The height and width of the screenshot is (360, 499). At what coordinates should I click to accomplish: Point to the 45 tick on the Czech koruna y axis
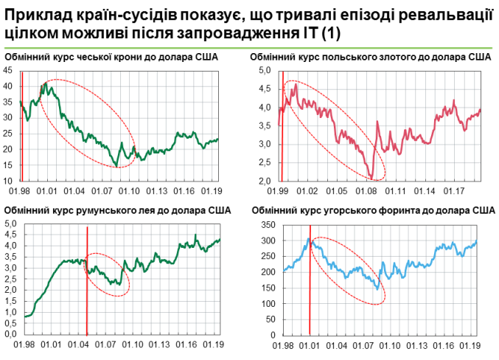(x=9, y=70)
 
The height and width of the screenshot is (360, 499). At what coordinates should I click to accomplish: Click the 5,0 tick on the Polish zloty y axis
(x=266, y=70)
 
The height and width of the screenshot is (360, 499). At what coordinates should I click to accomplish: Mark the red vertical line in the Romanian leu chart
(x=87, y=280)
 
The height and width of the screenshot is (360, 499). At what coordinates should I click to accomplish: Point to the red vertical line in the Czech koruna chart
(x=22, y=125)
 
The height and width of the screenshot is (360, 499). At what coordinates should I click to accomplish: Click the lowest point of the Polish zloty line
(x=372, y=177)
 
